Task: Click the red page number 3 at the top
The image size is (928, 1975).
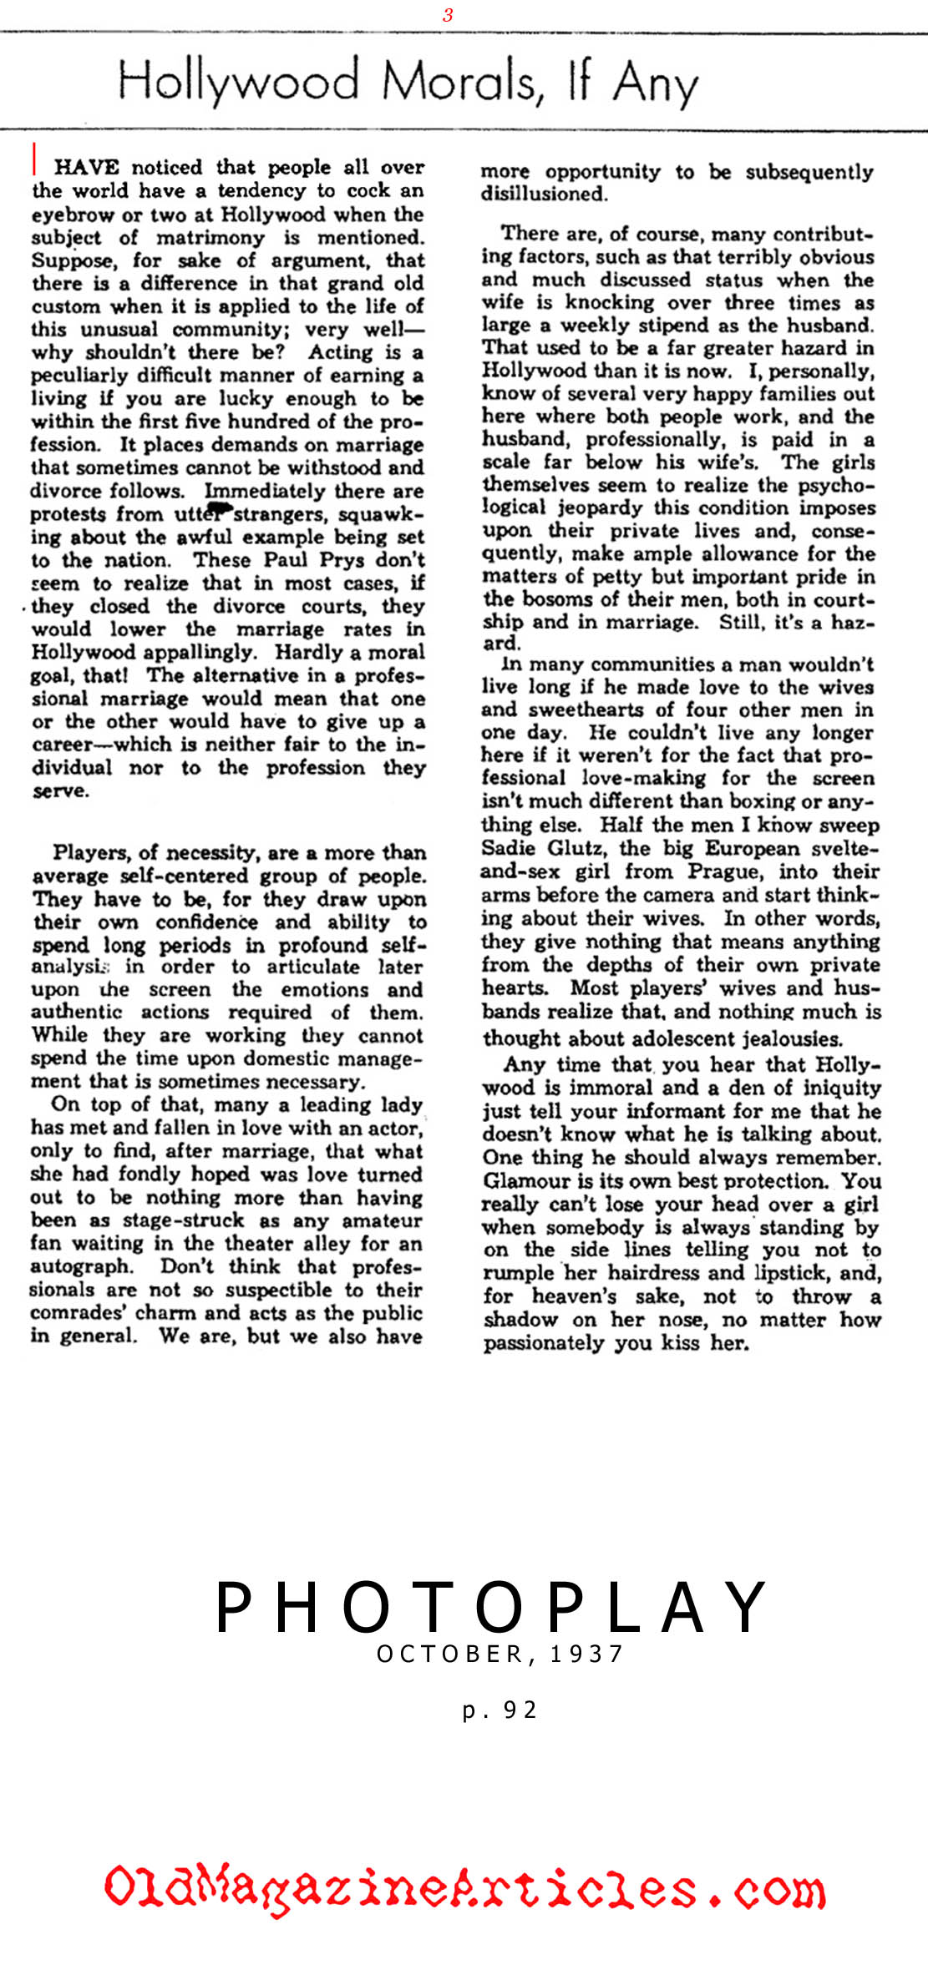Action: point(449,15)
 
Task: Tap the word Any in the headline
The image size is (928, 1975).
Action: point(656,83)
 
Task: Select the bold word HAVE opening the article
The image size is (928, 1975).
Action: point(87,167)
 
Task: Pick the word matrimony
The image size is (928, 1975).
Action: point(210,238)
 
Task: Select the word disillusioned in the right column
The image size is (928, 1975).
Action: point(543,194)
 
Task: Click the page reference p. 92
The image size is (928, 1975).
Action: point(499,1710)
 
